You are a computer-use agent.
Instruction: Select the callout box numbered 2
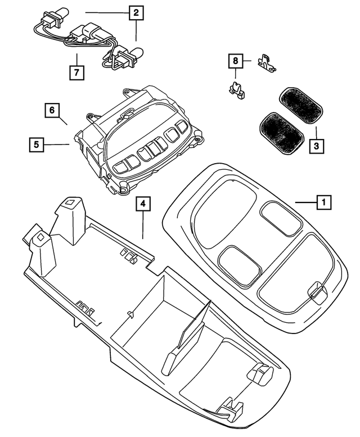point(135,12)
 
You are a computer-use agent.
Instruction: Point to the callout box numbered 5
point(36,145)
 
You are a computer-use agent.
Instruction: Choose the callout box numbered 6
point(52,110)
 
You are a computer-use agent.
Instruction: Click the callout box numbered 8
point(236,60)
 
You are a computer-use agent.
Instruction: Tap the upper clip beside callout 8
point(265,62)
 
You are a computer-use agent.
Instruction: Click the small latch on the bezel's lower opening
point(316,291)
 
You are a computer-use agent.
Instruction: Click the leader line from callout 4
point(143,226)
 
